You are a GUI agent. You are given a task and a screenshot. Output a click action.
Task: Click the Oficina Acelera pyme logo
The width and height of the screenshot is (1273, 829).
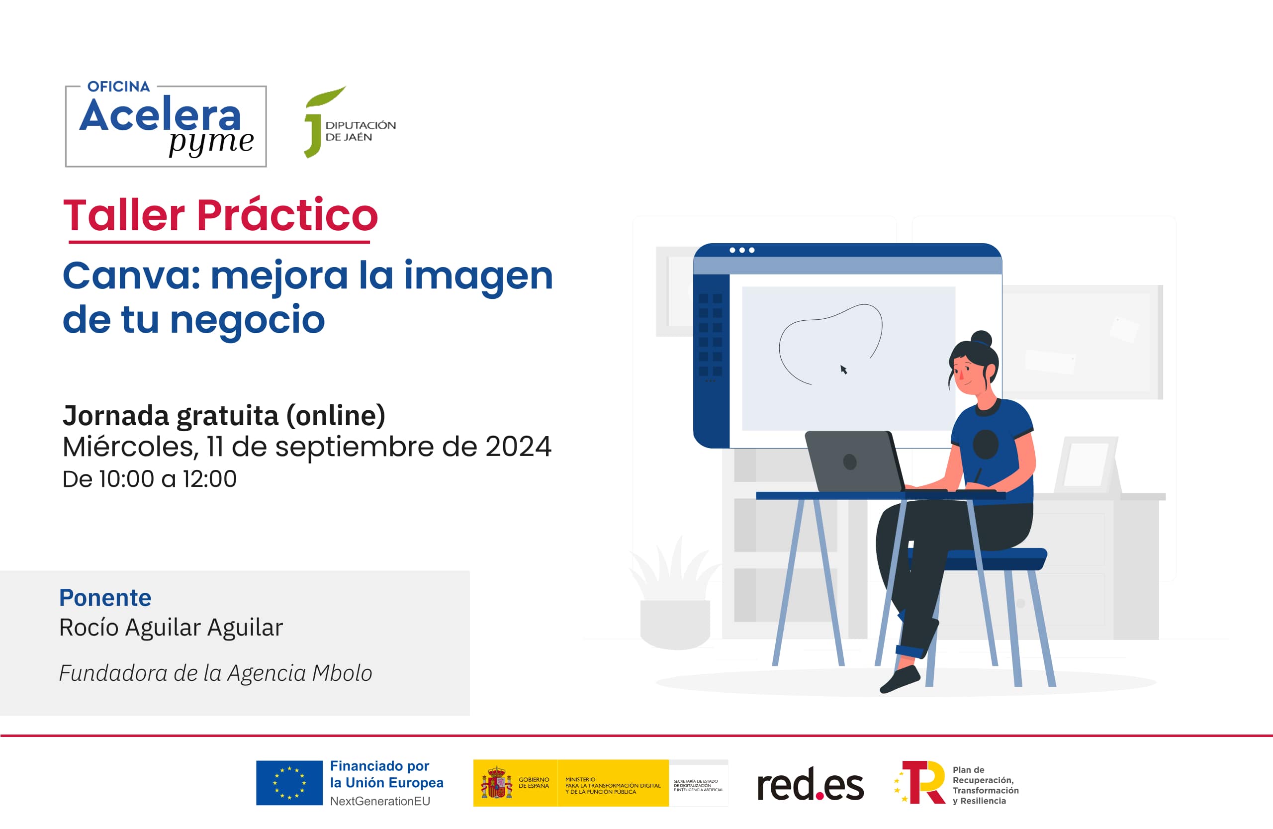point(166,126)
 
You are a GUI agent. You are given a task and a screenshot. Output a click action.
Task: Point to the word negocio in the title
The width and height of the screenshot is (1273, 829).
point(247,320)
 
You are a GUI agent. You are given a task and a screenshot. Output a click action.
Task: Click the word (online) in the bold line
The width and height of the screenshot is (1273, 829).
point(335,416)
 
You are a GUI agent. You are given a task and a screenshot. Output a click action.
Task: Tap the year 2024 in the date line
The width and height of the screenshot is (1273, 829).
point(518,447)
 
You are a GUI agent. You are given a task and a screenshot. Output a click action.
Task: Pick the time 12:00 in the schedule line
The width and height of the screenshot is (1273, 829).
point(209,479)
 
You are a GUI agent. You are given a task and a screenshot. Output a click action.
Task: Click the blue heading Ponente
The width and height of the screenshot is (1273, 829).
point(105,598)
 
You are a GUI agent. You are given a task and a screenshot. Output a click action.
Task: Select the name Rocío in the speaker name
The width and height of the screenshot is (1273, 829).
point(88,628)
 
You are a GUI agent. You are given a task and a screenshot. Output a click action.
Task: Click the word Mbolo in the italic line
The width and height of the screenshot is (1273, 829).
point(342,673)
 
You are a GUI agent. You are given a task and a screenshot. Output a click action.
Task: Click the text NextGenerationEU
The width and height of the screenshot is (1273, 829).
point(380,801)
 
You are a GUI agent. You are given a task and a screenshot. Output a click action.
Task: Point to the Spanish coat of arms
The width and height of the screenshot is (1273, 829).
point(496,783)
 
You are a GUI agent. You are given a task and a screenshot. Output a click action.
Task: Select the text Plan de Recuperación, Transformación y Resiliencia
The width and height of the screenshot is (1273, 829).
point(985,785)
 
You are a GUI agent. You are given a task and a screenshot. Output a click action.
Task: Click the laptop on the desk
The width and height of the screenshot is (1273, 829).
point(853,461)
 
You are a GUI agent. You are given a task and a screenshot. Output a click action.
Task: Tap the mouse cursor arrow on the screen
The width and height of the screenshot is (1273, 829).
point(843,369)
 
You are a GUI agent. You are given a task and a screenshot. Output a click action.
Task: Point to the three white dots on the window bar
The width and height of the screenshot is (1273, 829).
point(741,250)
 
